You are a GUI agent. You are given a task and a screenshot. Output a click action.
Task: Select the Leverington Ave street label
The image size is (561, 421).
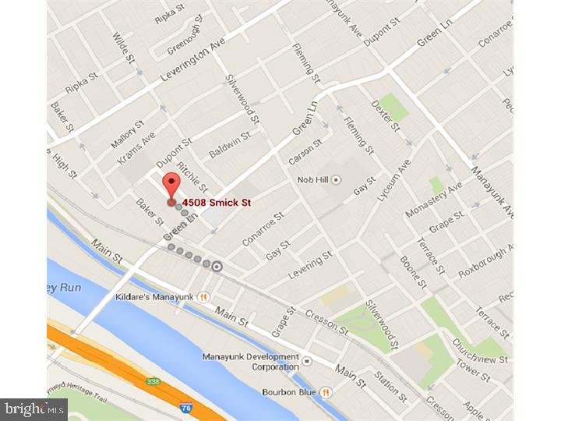click(192, 63)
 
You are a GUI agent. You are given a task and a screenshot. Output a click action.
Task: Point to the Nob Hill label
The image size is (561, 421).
click(314, 179)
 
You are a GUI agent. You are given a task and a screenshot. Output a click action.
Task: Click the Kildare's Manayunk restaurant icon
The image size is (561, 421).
click(204, 296)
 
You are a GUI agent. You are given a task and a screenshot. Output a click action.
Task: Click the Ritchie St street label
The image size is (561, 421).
click(192, 178)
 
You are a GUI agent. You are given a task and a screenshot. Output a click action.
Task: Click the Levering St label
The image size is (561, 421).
click(310, 264)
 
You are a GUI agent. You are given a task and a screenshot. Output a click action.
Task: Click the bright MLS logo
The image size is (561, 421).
click(34, 409)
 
